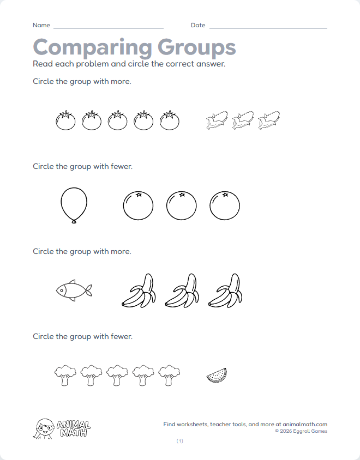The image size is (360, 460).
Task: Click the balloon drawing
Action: [x=73, y=205]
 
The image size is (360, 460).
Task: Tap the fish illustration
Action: [x=74, y=290]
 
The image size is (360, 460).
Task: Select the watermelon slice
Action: [x=217, y=375]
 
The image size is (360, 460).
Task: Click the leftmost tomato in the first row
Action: [x=65, y=120]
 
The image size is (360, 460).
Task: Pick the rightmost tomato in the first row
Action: [x=170, y=120]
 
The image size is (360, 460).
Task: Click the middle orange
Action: [x=182, y=205]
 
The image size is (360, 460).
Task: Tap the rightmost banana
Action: [x=226, y=291]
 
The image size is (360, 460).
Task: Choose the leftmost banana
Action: [x=139, y=291]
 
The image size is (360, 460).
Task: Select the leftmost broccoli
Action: [x=65, y=375]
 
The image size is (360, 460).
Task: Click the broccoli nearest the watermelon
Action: [x=170, y=375]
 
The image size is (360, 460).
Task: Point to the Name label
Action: [x=41, y=26]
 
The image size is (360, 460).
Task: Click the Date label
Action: [x=198, y=26]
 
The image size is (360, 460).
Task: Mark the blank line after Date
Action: [x=268, y=28]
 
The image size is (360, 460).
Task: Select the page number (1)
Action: [x=180, y=441]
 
